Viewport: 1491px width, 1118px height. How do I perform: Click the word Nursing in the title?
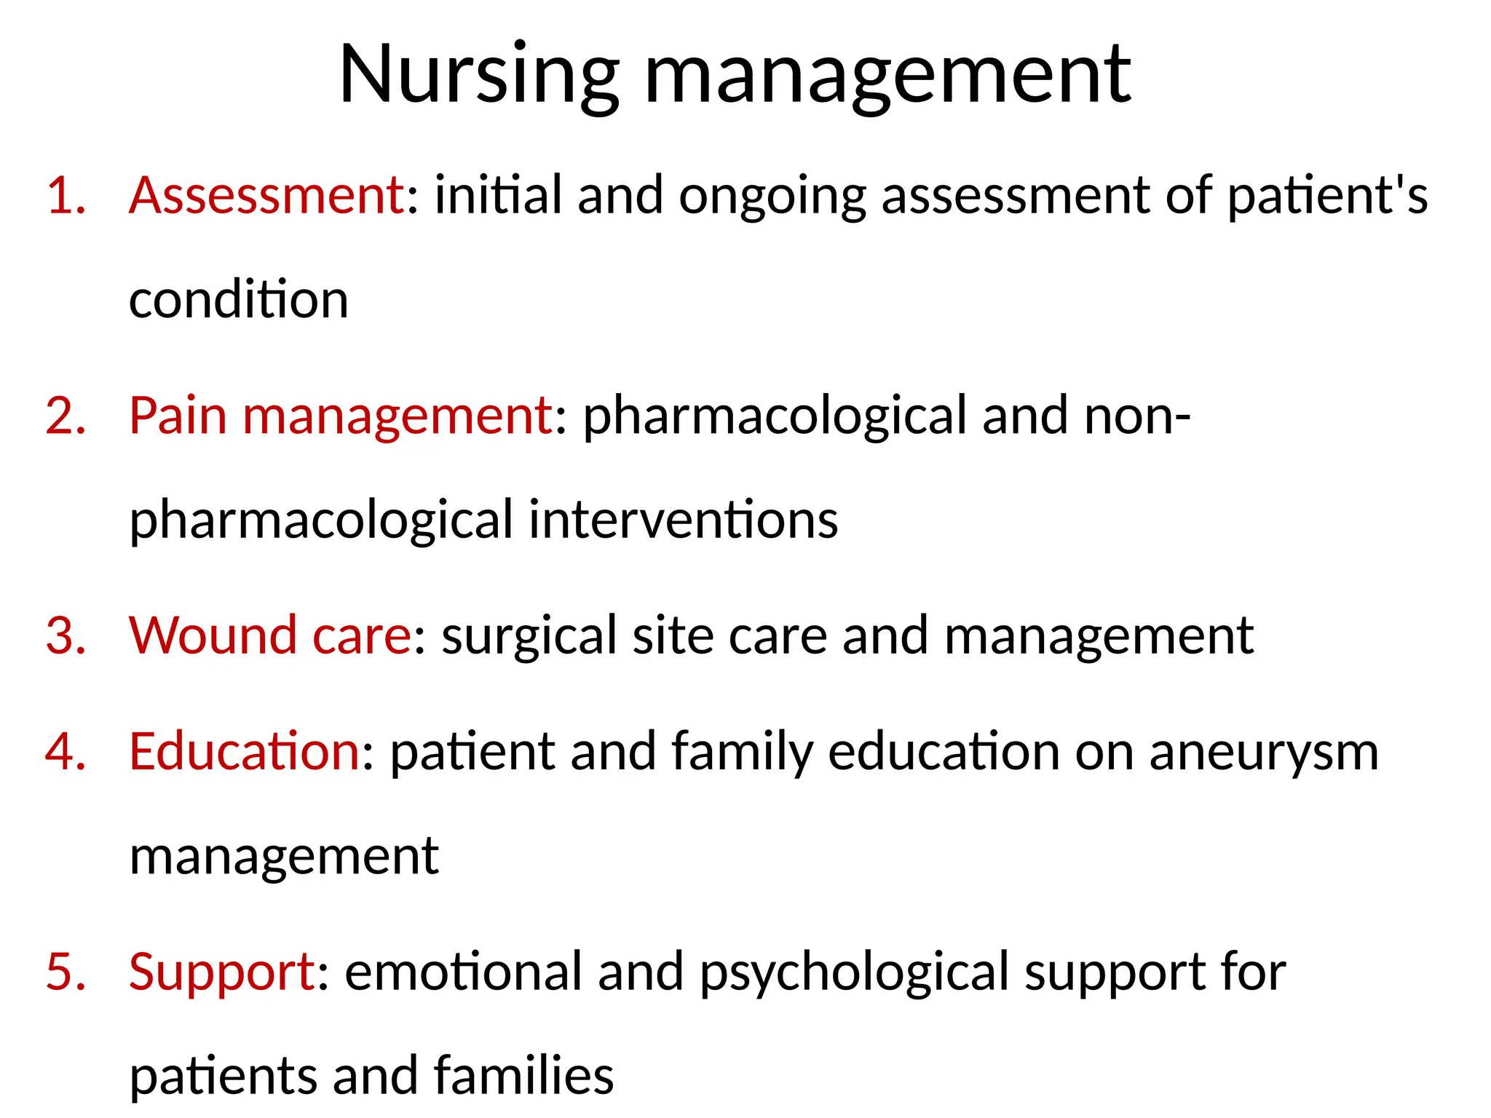coord(478,76)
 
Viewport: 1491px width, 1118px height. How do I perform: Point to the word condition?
coord(239,300)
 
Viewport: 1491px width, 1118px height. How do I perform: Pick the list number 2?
coord(66,416)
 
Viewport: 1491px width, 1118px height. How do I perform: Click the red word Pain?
coord(178,416)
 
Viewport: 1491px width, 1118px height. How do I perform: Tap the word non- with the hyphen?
coord(1137,416)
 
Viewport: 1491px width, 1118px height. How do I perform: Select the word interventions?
coord(684,520)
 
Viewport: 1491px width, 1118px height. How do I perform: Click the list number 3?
coord(66,635)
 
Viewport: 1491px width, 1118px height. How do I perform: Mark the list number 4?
coord(66,751)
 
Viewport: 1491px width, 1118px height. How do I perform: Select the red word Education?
coord(245,751)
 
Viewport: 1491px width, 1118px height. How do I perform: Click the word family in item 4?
coord(742,753)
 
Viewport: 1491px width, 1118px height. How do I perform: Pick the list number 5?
coord(66,972)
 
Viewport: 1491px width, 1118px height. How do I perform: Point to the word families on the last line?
coord(523,1076)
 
